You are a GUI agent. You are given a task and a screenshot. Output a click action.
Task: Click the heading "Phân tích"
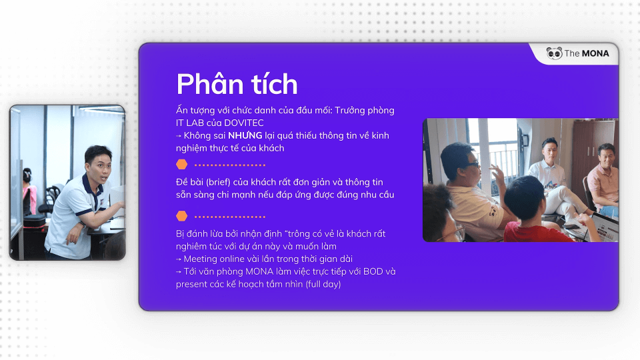pos(237,85)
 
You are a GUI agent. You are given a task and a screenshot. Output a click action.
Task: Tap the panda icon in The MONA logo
pos(554,53)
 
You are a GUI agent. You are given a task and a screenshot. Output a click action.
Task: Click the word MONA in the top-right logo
pos(595,53)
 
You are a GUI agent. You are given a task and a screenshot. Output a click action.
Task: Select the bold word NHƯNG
pos(245,135)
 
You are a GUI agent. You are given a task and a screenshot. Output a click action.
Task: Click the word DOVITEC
pos(244,123)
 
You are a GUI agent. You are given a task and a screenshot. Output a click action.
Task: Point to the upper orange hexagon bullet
pos(181,165)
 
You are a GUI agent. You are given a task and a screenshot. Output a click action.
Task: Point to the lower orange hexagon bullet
pos(181,216)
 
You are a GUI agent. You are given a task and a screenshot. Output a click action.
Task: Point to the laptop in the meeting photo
pos(603,227)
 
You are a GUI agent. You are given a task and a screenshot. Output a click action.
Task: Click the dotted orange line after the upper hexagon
pos(230,165)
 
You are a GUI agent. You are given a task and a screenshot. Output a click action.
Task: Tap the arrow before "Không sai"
pos(179,136)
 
